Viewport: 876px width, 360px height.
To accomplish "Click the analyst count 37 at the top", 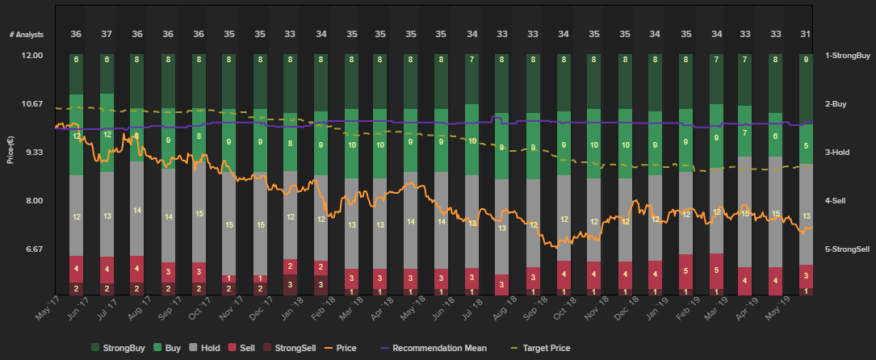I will tap(107, 34).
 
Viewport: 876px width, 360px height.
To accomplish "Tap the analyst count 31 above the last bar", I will tap(806, 34).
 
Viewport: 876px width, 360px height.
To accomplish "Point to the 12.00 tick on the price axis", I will tap(31, 56).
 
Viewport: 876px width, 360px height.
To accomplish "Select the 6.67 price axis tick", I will tap(31, 249).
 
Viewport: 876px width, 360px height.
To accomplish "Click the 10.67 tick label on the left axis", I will tap(31, 104).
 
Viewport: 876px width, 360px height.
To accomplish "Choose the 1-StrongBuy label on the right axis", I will tap(847, 56).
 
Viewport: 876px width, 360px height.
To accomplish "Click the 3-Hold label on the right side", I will tap(840, 153).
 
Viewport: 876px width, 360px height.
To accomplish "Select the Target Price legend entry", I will tap(547, 348).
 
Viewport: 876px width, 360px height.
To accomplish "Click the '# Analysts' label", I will tap(27, 34).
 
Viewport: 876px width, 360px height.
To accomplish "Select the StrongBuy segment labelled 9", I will tap(806, 59).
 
